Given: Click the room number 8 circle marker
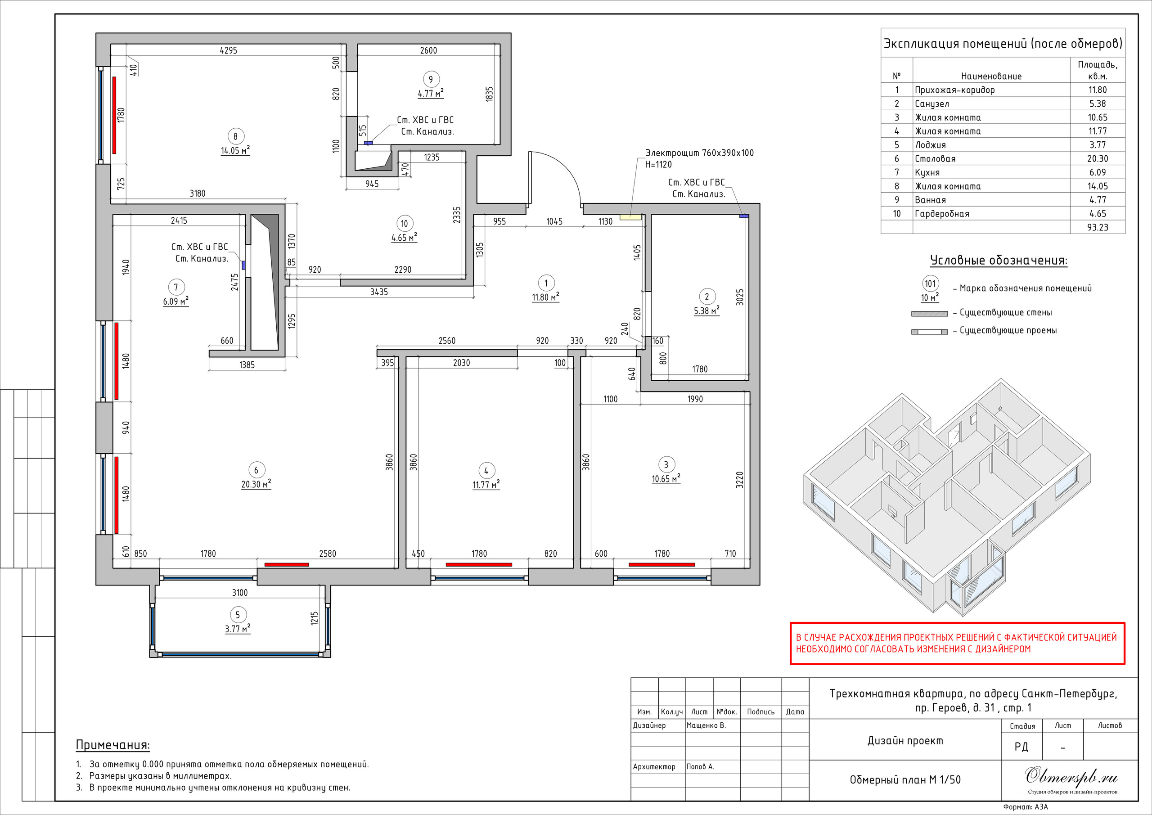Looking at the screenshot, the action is (235, 136).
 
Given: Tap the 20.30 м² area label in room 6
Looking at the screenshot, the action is (256, 484).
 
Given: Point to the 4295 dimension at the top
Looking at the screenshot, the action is (228, 50).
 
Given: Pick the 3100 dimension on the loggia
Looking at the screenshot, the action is (240, 593).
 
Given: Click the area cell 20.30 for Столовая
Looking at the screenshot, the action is (1097, 158).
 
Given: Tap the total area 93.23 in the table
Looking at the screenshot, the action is (1097, 227).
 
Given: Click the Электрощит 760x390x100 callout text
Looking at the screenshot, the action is (699, 153).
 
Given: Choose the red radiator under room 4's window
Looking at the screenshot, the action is (479, 565).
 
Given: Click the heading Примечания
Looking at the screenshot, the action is (113, 745).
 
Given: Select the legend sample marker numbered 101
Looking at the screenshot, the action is (930, 284).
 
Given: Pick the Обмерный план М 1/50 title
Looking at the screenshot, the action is (905, 780).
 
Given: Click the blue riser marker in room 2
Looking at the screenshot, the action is (743, 216).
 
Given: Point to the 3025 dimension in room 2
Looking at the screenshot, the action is (739, 297).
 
